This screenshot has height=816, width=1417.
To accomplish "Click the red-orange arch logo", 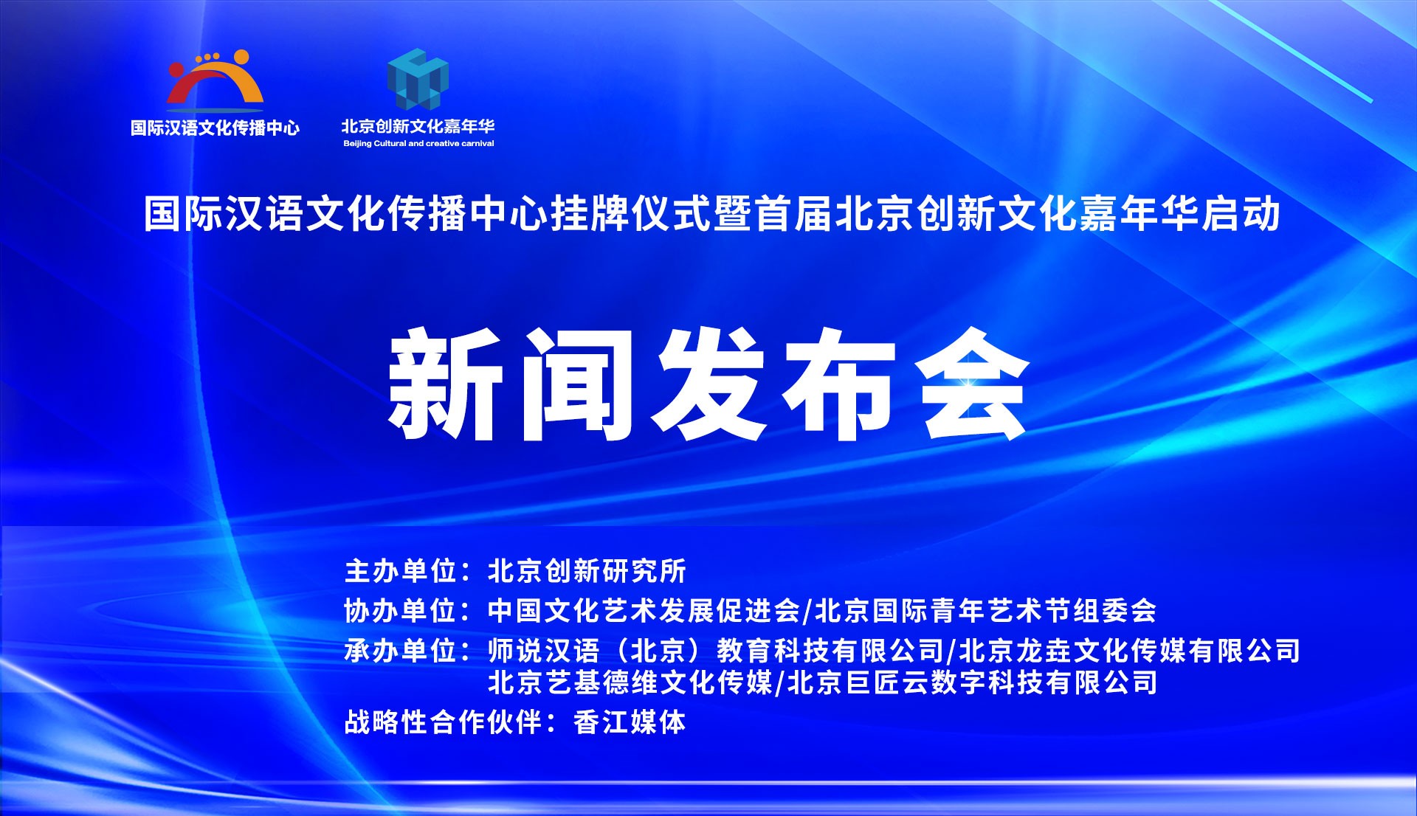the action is point(215,77).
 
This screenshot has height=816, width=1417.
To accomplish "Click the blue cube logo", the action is point(418,79).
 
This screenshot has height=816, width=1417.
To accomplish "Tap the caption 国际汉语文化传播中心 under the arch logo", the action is point(215,128).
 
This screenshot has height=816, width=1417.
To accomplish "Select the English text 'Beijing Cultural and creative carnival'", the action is point(418,144).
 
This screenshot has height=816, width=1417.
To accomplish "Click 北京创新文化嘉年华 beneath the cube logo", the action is point(418,126).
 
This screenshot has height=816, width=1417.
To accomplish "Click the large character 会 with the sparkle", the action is point(973,384).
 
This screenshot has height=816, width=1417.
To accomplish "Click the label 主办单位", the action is point(401,571).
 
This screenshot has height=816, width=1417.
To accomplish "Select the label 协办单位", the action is point(401,611).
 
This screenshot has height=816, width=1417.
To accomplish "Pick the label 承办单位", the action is point(401,651).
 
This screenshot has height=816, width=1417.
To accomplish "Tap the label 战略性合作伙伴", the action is point(444,722).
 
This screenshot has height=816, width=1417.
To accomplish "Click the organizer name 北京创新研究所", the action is point(587,571).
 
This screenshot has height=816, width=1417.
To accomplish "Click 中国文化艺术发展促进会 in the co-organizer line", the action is point(644,611).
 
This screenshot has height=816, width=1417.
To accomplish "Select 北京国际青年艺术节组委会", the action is point(986,611).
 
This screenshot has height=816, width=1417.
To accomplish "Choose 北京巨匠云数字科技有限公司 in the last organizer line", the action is point(973,682).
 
